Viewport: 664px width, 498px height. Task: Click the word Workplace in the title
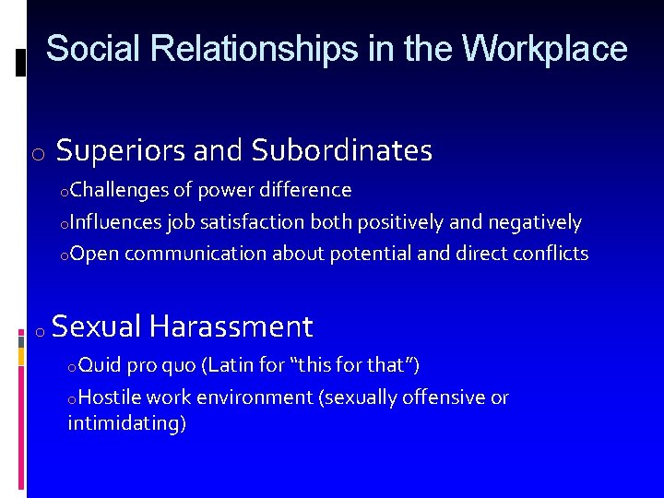tap(544, 49)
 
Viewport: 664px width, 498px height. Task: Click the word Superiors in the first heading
tap(115, 150)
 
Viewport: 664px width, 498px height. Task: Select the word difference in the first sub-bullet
tap(305, 191)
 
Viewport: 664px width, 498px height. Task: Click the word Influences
tap(115, 222)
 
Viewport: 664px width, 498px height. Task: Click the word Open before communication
tap(94, 254)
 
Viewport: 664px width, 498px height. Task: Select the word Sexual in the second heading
tap(97, 326)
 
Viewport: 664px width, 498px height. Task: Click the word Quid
tap(100, 366)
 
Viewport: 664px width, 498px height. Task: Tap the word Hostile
tap(110, 397)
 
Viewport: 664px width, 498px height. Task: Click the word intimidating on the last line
tap(126, 424)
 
